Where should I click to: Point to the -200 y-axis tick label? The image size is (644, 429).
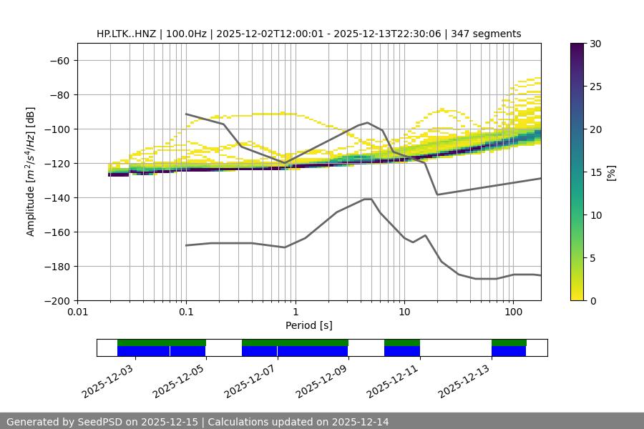click(58, 301)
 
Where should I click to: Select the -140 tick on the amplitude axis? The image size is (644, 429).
click(58, 198)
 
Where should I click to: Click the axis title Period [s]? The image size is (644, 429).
click(309, 325)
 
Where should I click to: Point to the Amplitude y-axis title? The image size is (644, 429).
click(30, 172)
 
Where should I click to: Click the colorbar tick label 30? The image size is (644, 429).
click(595, 44)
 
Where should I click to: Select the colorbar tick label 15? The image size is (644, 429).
click(595, 172)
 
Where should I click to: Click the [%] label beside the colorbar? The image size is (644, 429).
click(611, 172)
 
